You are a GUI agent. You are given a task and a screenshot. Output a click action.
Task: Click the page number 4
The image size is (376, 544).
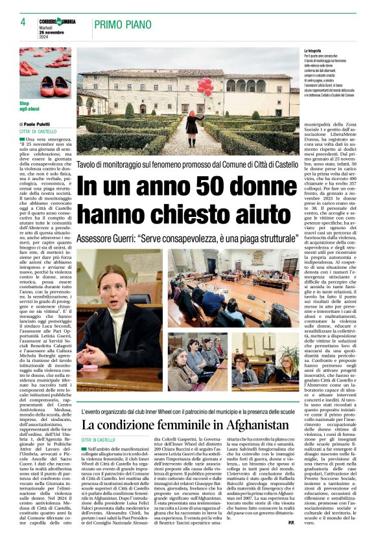[23, 22]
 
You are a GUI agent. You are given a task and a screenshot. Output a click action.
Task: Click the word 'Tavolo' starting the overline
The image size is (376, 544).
[89, 166]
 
